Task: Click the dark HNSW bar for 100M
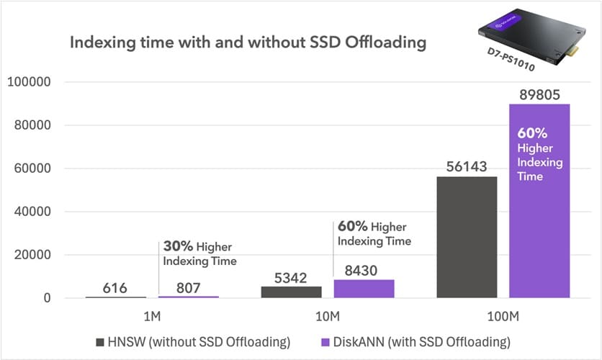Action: click(x=467, y=238)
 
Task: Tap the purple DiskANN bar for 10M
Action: click(x=364, y=289)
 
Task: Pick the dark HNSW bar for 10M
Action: click(x=291, y=292)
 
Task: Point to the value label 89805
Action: click(x=539, y=94)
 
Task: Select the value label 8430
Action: click(x=364, y=269)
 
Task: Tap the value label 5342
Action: click(x=291, y=276)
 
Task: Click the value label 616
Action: click(x=115, y=288)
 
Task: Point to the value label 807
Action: click(x=188, y=287)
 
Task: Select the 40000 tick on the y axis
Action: click(x=31, y=212)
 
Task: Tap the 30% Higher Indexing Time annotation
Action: click(x=199, y=252)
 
